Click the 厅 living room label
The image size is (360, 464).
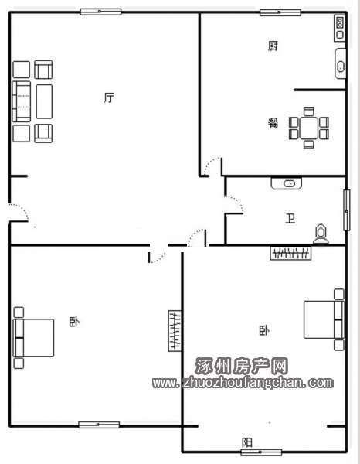point(109,97)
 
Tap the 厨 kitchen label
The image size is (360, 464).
point(273,46)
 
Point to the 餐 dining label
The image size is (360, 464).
point(273,123)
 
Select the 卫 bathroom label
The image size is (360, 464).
point(290,218)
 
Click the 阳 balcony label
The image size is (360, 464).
point(247,442)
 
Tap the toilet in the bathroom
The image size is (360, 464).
point(321,234)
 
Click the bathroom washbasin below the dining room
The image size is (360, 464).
point(287,183)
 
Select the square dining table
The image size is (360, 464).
point(309,128)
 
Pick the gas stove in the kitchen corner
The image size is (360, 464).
point(340,28)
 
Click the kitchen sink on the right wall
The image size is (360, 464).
point(341,63)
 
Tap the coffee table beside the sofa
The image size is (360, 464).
point(44,101)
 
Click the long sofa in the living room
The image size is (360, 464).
point(22,101)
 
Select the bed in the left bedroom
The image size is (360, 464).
point(33,338)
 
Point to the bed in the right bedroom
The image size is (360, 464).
point(324,319)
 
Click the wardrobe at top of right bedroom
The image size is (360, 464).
point(290,253)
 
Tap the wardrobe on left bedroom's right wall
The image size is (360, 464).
point(175,331)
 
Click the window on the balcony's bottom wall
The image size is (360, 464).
point(261,452)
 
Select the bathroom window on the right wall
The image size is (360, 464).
point(347,210)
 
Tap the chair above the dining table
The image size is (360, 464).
point(309,112)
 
